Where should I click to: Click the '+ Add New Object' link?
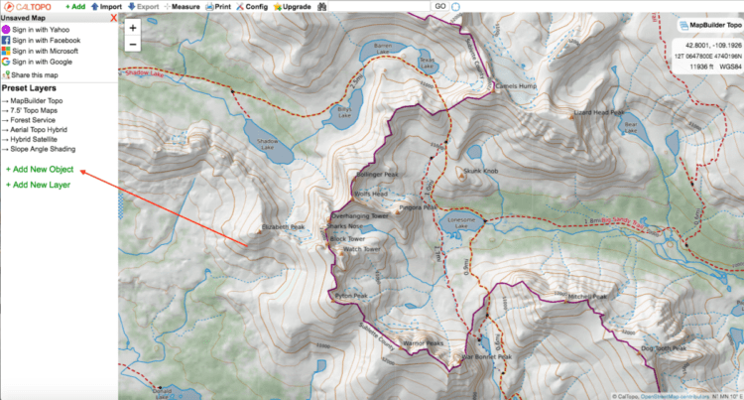[40, 170]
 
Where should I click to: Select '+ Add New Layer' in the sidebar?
[38, 185]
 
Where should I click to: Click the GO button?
[439, 6]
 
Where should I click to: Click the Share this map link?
[36, 75]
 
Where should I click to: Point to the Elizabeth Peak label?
[282, 227]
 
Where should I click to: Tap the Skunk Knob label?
[480, 171]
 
